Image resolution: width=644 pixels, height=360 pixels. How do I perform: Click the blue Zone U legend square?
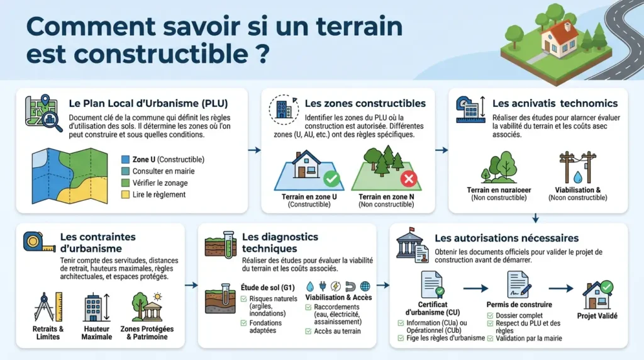tap(125, 160)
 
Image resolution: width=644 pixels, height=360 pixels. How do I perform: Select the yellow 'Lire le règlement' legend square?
tap(125, 194)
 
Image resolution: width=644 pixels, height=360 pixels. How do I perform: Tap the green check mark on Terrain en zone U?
tap(331, 179)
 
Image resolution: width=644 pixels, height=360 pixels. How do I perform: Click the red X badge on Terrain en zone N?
tap(409, 179)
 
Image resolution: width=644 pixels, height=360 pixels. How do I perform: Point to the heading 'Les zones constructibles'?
tap(365, 103)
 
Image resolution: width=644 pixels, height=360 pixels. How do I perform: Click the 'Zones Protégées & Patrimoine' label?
tap(147, 333)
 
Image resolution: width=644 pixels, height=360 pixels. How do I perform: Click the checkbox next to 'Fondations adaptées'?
tap(244, 323)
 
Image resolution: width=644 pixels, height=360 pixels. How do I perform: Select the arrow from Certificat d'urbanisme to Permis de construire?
tap(476, 288)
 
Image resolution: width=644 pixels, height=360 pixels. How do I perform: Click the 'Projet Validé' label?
tap(598, 315)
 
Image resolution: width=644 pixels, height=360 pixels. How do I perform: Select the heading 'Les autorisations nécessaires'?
tap(506, 239)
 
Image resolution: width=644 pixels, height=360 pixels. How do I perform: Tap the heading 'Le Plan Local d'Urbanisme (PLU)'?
tap(148, 103)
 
